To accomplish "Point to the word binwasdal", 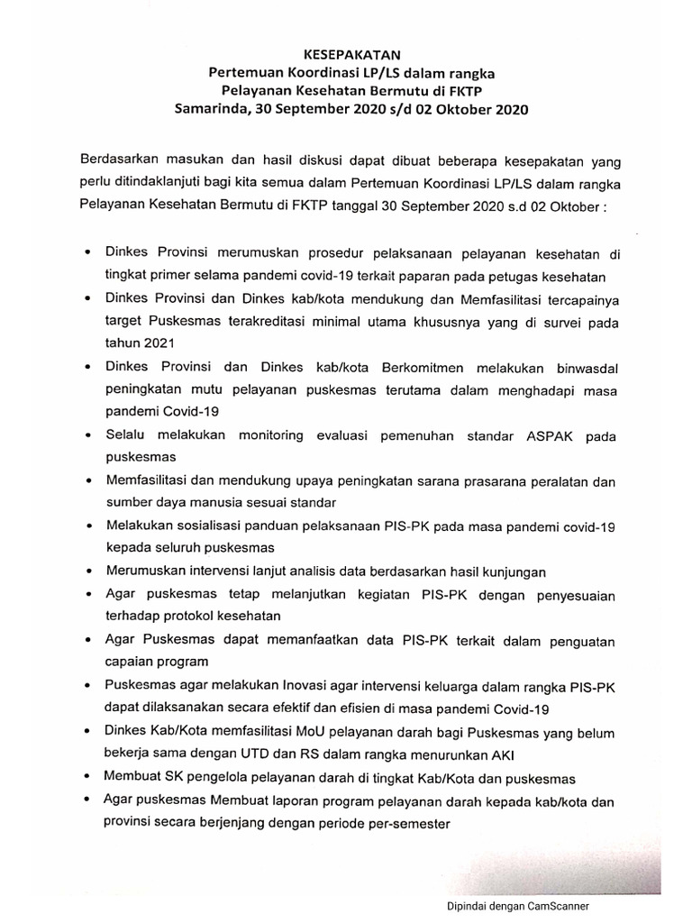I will coord(577,368).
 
